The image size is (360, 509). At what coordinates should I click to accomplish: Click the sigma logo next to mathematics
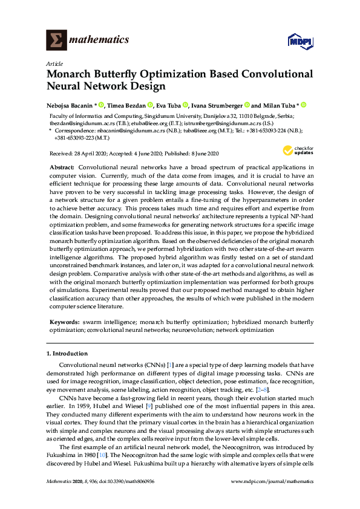click(x=56, y=40)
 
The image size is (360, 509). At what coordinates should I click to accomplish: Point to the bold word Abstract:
click(x=61, y=166)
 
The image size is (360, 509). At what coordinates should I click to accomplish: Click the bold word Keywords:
click(x=63, y=323)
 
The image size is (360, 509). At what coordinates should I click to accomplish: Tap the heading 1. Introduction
click(x=67, y=353)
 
